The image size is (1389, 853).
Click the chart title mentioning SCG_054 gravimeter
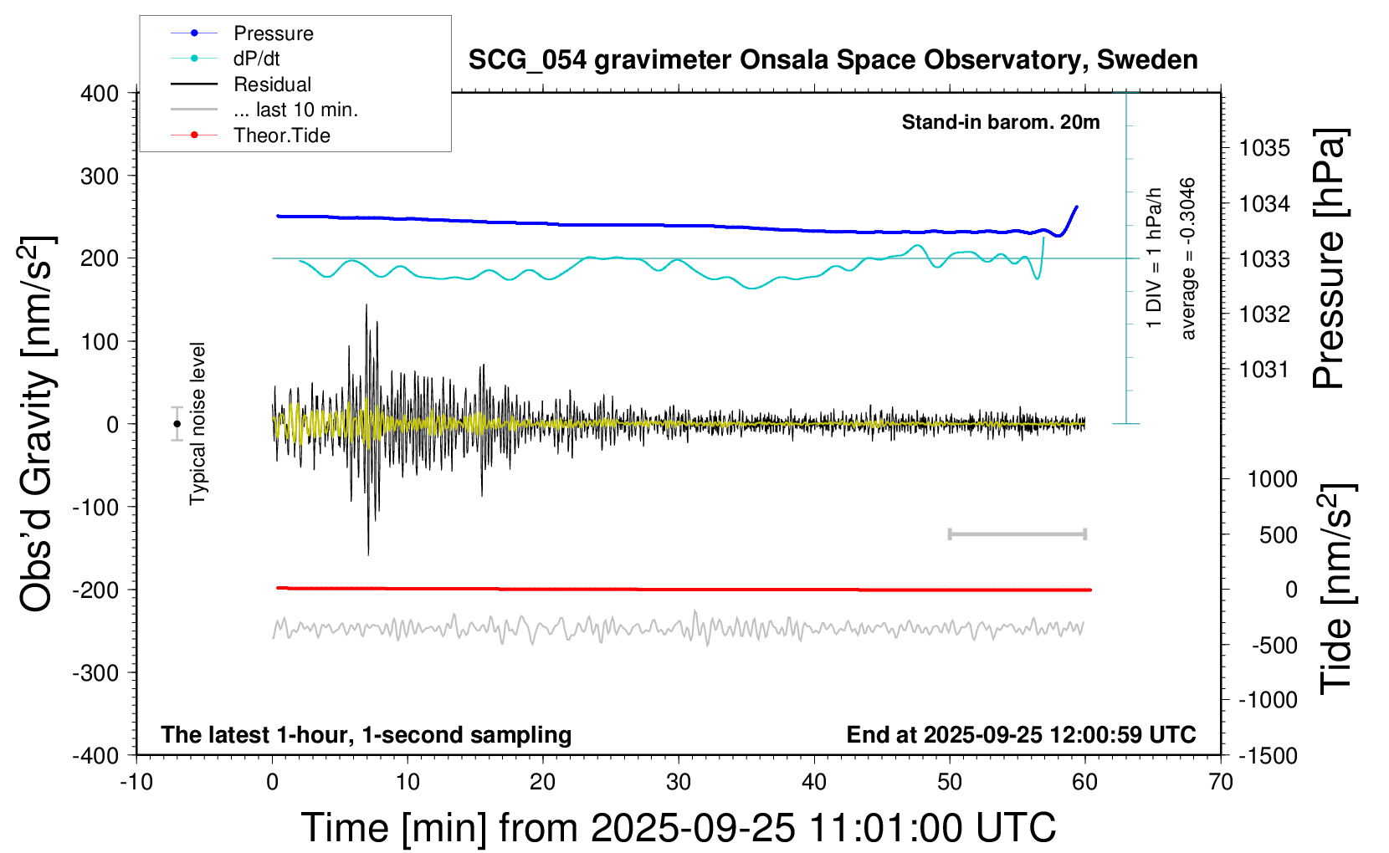(x=833, y=60)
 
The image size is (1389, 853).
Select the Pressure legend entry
(x=273, y=33)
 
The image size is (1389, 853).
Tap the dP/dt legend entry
(x=256, y=59)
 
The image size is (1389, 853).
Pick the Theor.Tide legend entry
(x=281, y=135)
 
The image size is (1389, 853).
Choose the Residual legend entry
(x=272, y=84)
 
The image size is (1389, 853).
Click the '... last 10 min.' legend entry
(x=295, y=110)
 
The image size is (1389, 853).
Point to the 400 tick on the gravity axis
(x=100, y=94)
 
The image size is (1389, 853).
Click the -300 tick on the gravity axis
(x=95, y=672)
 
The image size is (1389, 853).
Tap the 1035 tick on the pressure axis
(x=1264, y=148)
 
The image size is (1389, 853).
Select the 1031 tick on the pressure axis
(x=1264, y=369)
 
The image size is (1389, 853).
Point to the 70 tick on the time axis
(x=1221, y=782)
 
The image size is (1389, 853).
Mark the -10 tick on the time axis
(x=136, y=782)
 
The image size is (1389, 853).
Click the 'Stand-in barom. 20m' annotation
(x=1001, y=122)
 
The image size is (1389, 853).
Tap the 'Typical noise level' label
(x=197, y=423)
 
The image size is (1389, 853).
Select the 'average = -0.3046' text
(x=1188, y=258)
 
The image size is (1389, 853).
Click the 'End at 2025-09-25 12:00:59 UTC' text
(x=1021, y=734)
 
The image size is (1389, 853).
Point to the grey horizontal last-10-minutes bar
(x=1017, y=534)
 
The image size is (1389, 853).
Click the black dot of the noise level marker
(x=177, y=423)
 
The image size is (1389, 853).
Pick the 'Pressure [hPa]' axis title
(x=1329, y=258)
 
